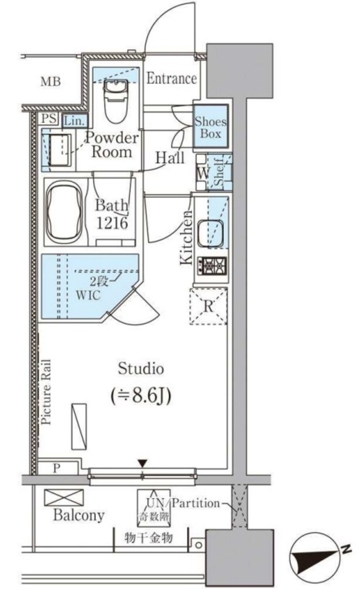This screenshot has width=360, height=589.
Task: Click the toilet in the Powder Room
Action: tap(116, 101)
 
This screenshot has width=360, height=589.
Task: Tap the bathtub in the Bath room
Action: tap(64, 212)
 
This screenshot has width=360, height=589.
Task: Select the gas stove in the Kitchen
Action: tap(212, 266)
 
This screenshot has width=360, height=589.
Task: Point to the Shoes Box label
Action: tap(210, 127)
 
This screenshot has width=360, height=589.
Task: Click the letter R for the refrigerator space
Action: tap(208, 306)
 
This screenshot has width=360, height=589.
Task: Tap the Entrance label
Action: tap(171, 78)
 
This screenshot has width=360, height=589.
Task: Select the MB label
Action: tap(51, 82)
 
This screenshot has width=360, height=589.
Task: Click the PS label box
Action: tap(49, 118)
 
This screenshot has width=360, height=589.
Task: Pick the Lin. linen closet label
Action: tap(74, 121)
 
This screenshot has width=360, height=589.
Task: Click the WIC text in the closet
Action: tap(88, 295)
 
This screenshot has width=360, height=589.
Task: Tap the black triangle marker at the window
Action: tap(142, 464)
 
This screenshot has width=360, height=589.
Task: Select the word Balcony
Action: tap(79, 515)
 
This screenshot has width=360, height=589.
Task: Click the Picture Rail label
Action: tap(46, 392)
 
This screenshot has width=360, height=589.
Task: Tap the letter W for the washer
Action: tap(202, 174)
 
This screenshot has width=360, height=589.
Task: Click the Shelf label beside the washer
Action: tap(219, 172)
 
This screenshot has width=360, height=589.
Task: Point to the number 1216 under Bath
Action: tap(112, 224)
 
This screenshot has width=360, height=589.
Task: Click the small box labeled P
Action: tap(57, 468)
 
